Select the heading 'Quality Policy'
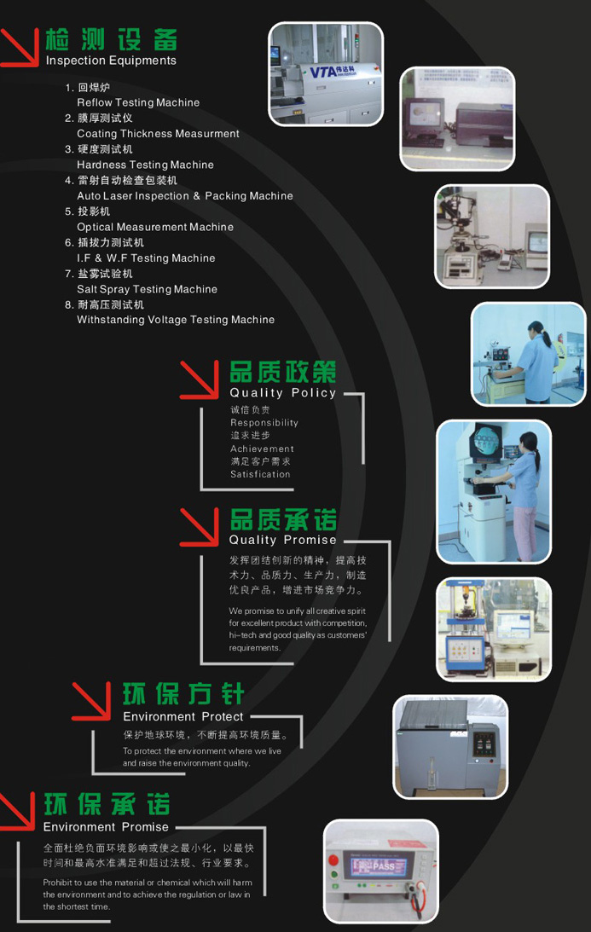(x=283, y=393)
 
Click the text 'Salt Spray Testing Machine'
(x=147, y=289)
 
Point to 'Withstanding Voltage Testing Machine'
(x=176, y=320)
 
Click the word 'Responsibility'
(x=264, y=423)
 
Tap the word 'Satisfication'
(x=260, y=474)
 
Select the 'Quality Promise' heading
(x=282, y=540)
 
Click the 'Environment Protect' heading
(x=183, y=717)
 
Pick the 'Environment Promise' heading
(x=106, y=827)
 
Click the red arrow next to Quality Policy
(x=200, y=379)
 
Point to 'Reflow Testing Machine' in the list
(x=138, y=103)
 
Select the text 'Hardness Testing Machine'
(x=145, y=165)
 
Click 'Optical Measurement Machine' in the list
(x=154, y=227)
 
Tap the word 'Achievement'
(x=262, y=449)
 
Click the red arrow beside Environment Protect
(x=91, y=701)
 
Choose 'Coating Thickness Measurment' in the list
(x=158, y=134)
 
